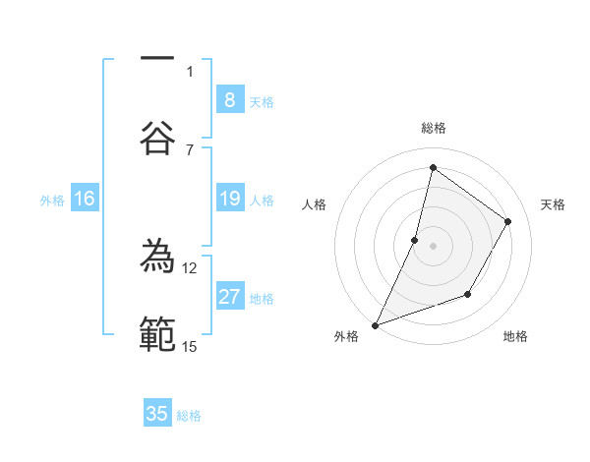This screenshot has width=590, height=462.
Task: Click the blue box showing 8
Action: pos(229,99)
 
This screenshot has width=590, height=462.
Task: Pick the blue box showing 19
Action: pos(229,199)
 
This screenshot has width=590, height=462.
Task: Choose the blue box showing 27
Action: pos(229,297)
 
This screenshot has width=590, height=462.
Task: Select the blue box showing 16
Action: pos(85,199)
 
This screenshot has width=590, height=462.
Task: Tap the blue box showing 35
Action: pos(157,414)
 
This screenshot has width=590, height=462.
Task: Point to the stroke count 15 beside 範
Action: pos(190,346)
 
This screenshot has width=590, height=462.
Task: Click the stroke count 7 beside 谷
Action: pos(190,148)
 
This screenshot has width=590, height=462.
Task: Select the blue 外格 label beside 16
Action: pos(52,200)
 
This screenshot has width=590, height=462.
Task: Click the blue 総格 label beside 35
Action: pos(189,416)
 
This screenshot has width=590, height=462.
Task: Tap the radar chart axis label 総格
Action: pos(433,128)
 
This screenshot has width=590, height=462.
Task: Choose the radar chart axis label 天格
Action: pos(553,204)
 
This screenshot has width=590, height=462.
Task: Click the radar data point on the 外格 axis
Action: pos(375,324)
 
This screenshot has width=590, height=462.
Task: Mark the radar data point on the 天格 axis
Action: pos(508,221)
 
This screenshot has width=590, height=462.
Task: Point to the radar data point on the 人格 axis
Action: pos(415,240)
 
